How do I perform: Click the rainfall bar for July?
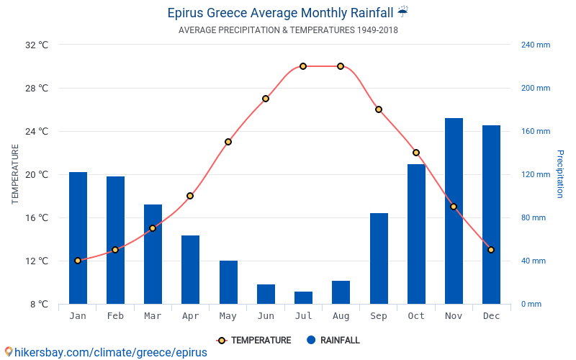click(x=303, y=297)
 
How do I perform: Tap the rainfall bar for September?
click(x=379, y=258)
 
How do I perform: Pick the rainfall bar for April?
click(x=190, y=269)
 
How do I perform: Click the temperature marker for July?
click(x=303, y=66)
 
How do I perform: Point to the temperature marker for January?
click(x=78, y=261)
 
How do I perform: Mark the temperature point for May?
click(x=228, y=142)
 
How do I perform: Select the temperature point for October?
click(x=416, y=153)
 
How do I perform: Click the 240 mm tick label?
click(x=535, y=45)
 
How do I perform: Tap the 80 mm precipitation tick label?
click(x=534, y=217)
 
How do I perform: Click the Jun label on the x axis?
click(x=266, y=316)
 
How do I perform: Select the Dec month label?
click(x=491, y=316)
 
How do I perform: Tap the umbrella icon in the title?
click(x=402, y=12)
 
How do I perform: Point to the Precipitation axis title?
click(x=560, y=174)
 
